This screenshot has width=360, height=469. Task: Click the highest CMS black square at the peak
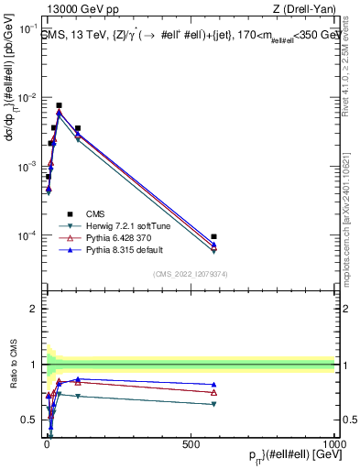(x=60, y=105)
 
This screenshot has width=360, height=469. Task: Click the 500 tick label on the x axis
(x=191, y=442)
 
